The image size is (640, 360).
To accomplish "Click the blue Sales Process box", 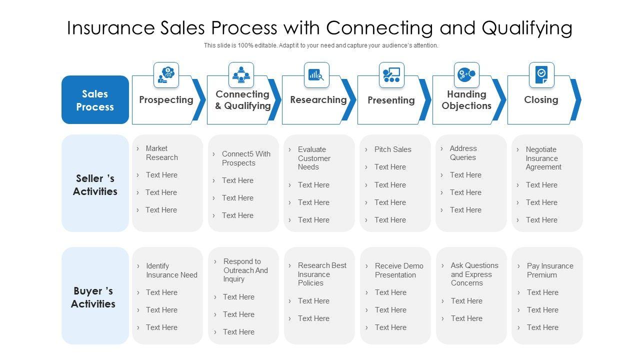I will coord(95,100).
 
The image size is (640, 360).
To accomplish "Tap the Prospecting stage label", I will coord(166,100).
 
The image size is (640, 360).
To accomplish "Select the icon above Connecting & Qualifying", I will coord(241,74).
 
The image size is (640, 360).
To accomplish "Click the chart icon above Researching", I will coord(316,75).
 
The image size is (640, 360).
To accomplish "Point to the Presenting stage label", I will coord(391,100).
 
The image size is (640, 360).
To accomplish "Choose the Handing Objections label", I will coord(466,100).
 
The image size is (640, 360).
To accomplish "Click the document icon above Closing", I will coord(541,75).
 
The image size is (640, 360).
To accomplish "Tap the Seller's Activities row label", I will coord(95,185).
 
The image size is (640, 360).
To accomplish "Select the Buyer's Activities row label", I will coord(93,297).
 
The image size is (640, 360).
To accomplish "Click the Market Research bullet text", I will coord(161,153).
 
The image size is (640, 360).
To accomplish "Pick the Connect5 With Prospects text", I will coord(246,158).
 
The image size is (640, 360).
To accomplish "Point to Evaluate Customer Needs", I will coord(314,158).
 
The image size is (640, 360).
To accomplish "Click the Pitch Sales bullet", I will coord(392,149).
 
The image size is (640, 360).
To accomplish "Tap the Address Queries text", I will coord(463,153).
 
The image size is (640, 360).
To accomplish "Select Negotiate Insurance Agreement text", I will coord(543,158).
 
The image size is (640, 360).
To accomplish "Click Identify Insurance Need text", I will coord(171,270).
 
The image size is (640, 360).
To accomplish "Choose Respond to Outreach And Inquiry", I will coord(245,270).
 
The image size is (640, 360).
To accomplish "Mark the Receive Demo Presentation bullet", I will coord(399,270).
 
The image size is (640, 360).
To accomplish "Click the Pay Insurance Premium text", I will coord(550,270).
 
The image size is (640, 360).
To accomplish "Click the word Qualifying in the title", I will coord(527,28).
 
